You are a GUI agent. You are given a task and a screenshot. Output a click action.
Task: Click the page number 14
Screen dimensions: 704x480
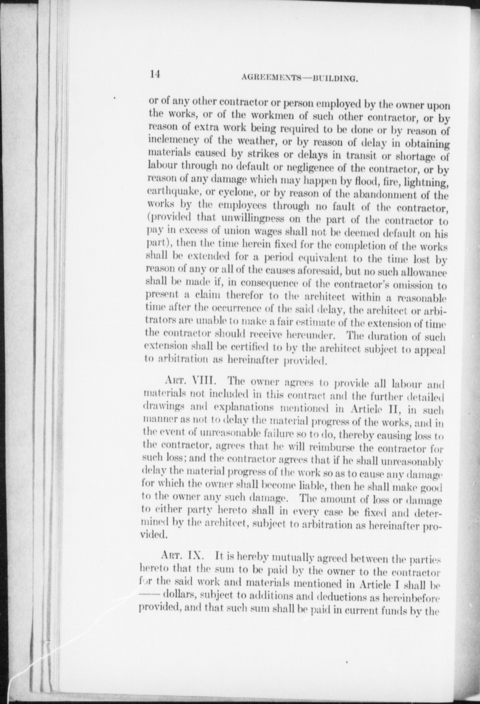[x=155, y=74]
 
